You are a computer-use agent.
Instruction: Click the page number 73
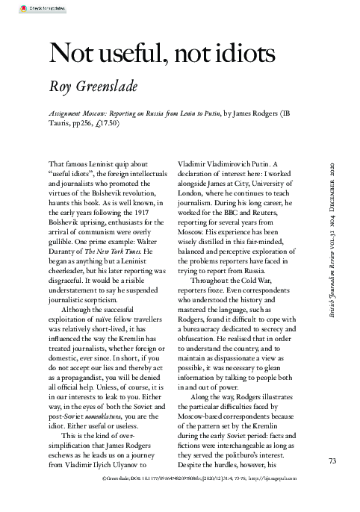[x=333, y=461]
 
